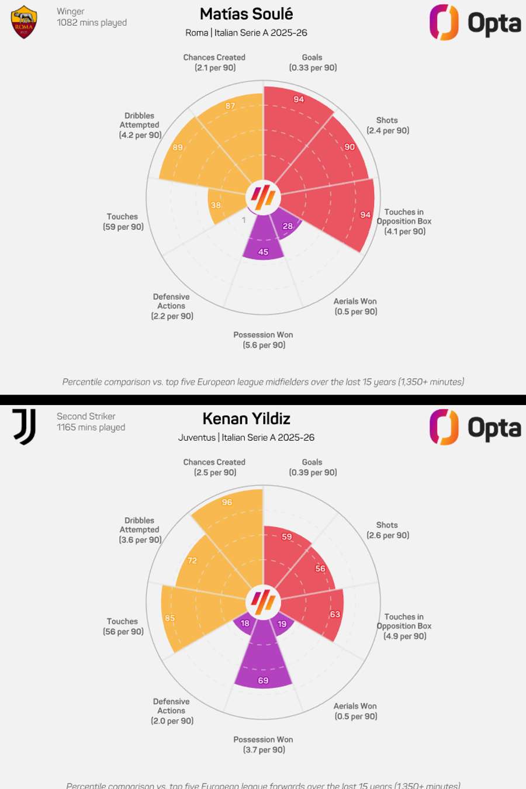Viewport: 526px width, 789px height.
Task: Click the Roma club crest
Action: (x=24, y=22)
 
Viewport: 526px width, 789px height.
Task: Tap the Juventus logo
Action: (x=25, y=427)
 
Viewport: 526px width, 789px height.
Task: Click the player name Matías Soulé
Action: (x=246, y=14)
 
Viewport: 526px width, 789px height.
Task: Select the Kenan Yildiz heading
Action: (x=246, y=419)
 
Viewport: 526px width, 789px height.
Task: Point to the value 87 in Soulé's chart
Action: (x=230, y=106)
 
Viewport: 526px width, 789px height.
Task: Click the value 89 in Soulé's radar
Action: (x=178, y=148)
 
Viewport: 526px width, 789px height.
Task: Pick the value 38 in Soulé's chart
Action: (x=216, y=205)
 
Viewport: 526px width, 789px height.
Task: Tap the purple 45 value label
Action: (x=263, y=252)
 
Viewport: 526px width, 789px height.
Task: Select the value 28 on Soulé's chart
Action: (x=288, y=226)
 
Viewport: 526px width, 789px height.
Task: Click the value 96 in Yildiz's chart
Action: (x=227, y=502)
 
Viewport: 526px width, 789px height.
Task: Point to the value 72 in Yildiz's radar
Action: (x=192, y=560)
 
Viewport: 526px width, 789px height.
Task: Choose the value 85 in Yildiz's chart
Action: (x=169, y=618)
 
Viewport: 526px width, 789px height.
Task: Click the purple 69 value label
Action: (x=263, y=680)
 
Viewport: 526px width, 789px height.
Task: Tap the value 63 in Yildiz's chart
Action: (x=335, y=614)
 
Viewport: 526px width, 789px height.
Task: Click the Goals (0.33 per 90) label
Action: (x=313, y=63)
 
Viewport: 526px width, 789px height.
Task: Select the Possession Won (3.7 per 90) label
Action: (x=264, y=745)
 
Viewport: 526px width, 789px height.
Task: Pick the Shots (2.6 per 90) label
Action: (x=387, y=530)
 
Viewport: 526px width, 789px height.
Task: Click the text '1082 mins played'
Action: (x=92, y=23)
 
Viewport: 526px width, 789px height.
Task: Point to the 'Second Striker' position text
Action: (x=86, y=416)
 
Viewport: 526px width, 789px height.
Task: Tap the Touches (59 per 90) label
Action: (x=123, y=222)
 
